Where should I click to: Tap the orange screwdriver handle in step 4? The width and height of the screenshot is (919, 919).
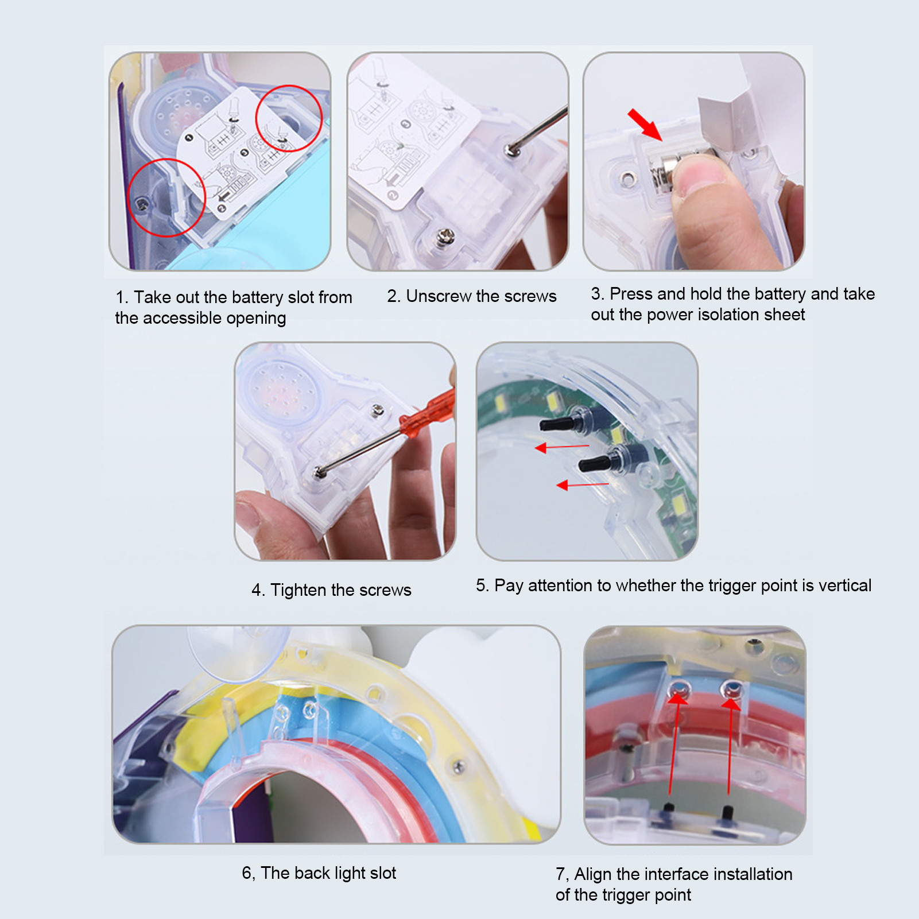click(x=428, y=413)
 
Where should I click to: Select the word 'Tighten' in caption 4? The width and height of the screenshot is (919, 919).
click(x=298, y=591)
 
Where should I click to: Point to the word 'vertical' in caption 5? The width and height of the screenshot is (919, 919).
click(x=845, y=585)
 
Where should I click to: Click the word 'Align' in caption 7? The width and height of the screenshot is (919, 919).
click(x=593, y=874)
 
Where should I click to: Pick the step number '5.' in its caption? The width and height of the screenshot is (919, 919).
click(x=482, y=585)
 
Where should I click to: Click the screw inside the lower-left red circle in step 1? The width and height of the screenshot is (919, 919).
click(x=142, y=204)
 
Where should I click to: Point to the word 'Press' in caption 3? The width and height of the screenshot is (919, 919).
click(x=631, y=294)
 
